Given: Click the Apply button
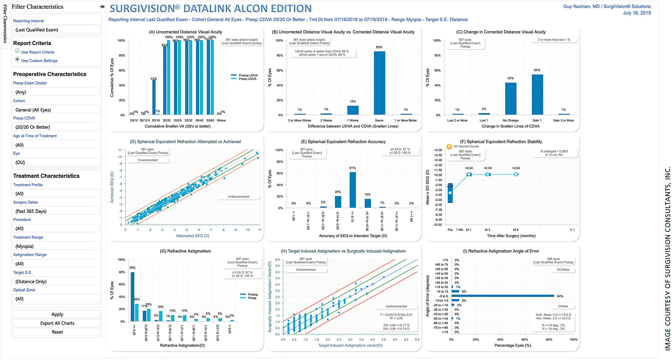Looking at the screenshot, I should pyautogui.click(x=57, y=314).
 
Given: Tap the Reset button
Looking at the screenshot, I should pyautogui.click(x=57, y=332).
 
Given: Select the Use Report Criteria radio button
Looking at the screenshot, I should pyautogui.click(x=17, y=51).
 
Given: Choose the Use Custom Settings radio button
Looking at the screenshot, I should pyautogui.click(x=17, y=59).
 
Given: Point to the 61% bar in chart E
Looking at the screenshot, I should pyautogui.click(x=353, y=190).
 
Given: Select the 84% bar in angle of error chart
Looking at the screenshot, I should pyautogui.click(x=502, y=296).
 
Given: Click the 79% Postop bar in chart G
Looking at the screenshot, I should pyautogui.click(x=132, y=296).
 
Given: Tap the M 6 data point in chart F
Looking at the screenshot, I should pyautogui.click(x=516, y=174).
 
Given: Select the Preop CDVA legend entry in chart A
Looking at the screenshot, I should pyautogui.click(x=247, y=79).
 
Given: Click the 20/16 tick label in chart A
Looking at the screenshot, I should pyautogui.click(x=156, y=120).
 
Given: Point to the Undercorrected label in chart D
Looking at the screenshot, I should pyautogui.click(x=238, y=197).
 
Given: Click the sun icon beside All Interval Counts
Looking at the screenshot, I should pyautogui.click(x=449, y=146).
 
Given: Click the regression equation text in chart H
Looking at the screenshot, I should pyautogui.click(x=396, y=314).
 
